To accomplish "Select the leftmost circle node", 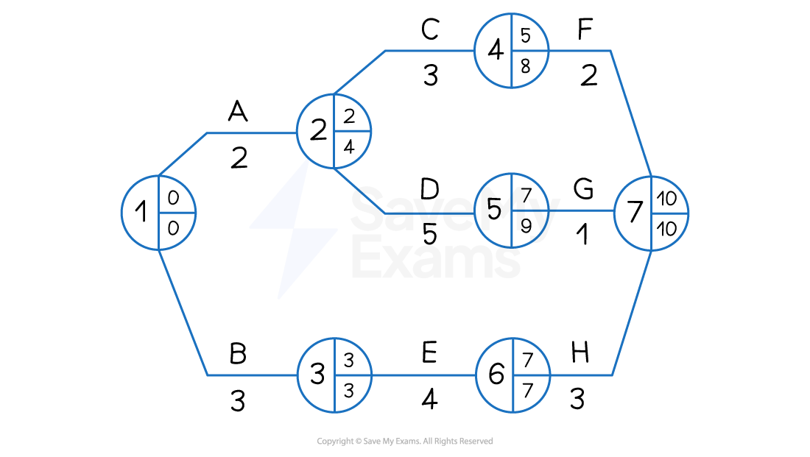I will [x=158, y=213].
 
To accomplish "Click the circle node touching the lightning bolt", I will [x=334, y=131].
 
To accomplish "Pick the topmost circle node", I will [x=512, y=51].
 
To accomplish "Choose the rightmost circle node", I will [x=651, y=213].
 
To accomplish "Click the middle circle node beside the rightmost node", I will [x=512, y=210].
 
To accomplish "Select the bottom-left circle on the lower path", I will [x=334, y=375].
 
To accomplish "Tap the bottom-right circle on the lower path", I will [x=513, y=375].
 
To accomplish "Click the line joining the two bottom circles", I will [x=423, y=375].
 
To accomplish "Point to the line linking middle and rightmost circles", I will [x=582, y=210].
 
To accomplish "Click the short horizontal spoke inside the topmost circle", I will [x=530, y=51].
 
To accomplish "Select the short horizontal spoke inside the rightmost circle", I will [x=669, y=213].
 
